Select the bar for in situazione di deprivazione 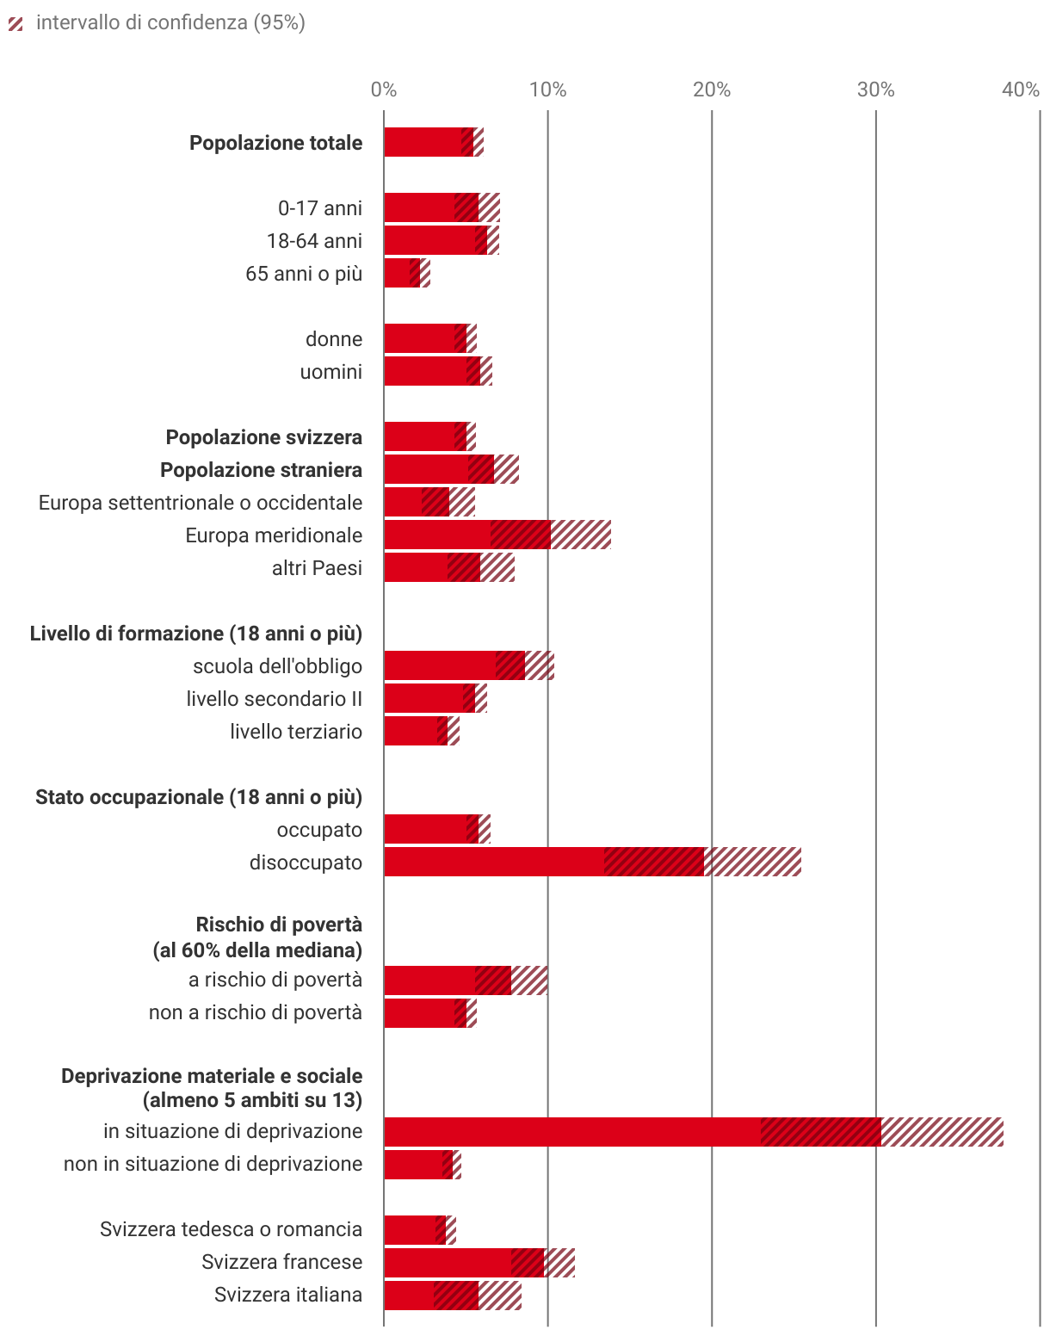[x=633, y=1132]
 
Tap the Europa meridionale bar [x=467, y=535]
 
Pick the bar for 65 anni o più [x=402, y=273]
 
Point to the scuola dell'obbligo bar [x=454, y=665]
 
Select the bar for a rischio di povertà [x=448, y=980]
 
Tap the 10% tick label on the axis [x=547, y=90]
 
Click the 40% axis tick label [x=1020, y=90]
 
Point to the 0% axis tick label [x=384, y=90]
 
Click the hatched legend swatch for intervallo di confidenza [x=15, y=23]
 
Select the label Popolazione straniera [x=261, y=470]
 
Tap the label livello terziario [x=295, y=732]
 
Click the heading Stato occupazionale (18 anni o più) [x=198, y=797]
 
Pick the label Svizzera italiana [x=287, y=1295]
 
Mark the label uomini [x=330, y=372]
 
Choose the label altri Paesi [x=317, y=568]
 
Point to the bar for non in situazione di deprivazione [x=418, y=1165]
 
